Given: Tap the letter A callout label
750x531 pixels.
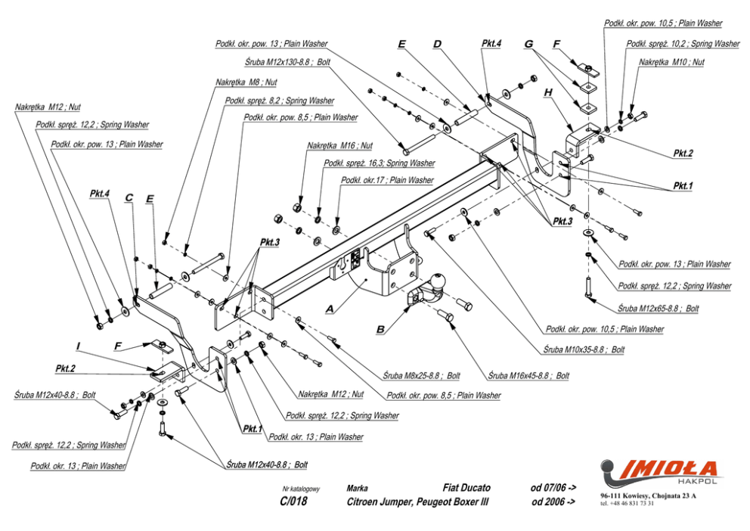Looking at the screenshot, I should (x=330, y=309).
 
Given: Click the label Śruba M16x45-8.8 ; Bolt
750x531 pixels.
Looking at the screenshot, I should (x=528, y=374).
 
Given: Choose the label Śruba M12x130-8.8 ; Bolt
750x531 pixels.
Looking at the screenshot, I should (x=288, y=62).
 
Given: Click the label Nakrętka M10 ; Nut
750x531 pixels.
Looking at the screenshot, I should (x=671, y=62).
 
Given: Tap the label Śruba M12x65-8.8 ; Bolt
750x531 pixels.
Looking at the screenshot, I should (x=658, y=309).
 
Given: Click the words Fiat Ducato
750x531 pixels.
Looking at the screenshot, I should (x=466, y=488).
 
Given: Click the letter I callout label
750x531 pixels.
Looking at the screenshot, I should (x=78, y=346).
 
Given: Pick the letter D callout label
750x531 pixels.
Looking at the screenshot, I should (x=437, y=44).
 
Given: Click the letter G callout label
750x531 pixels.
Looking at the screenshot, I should (x=528, y=44).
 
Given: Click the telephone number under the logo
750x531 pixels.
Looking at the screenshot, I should (x=627, y=502).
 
